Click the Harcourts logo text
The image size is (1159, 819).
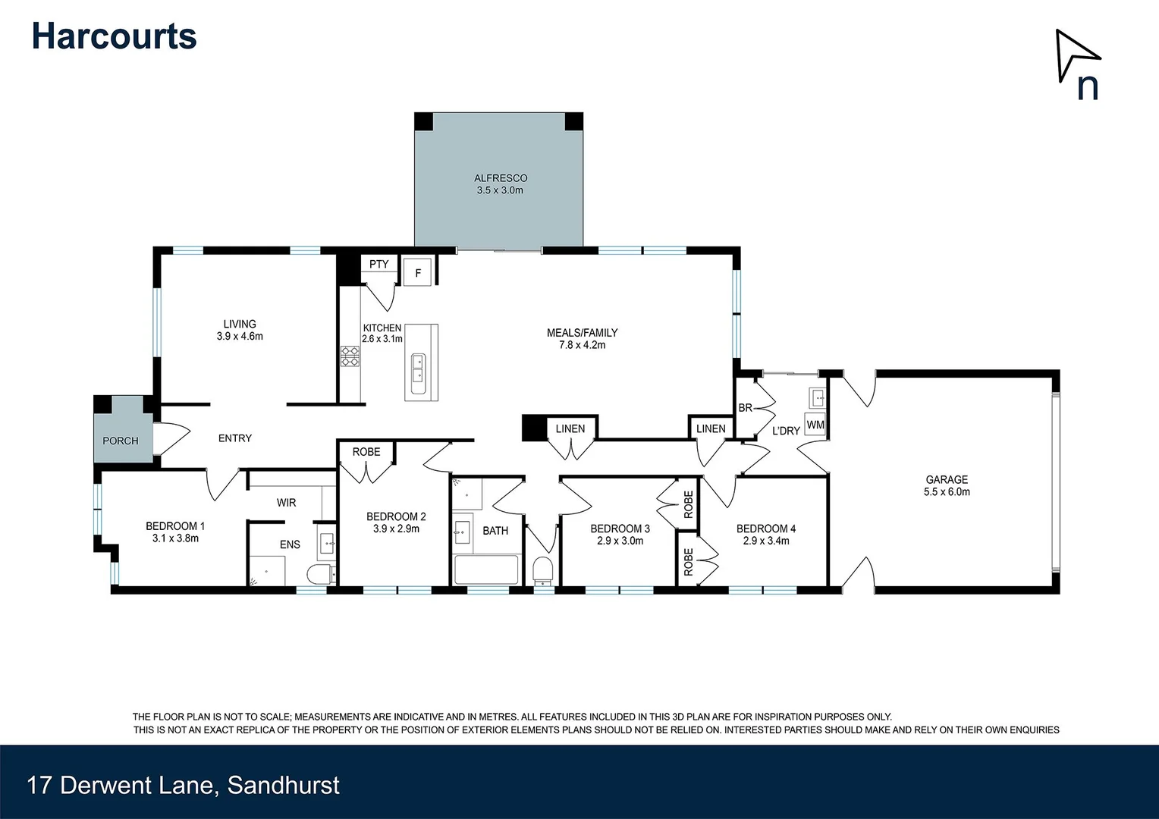[x=114, y=36]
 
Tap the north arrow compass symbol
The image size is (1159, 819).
[x=1077, y=64]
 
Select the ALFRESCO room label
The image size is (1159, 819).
[x=501, y=178]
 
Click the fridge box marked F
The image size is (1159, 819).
[x=417, y=273]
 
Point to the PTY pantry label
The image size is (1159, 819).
[x=378, y=264]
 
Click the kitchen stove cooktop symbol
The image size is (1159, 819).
[x=350, y=356]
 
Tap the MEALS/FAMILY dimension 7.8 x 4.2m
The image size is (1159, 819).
[x=582, y=345]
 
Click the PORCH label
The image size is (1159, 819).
[x=121, y=441]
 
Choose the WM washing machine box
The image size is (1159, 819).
[x=815, y=425]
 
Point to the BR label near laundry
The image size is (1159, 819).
[x=746, y=408]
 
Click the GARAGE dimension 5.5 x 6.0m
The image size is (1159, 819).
[x=947, y=492]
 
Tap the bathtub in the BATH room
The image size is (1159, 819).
[x=485, y=570]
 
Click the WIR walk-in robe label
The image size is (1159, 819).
[x=286, y=503]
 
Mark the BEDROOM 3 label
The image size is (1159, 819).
[x=620, y=529]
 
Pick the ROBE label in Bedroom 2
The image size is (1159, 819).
[x=366, y=452]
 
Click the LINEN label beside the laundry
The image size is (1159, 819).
[x=711, y=428]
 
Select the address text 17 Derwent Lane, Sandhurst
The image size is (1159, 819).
[x=183, y=785]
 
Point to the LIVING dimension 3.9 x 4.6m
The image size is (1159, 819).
[x=240, y=337]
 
